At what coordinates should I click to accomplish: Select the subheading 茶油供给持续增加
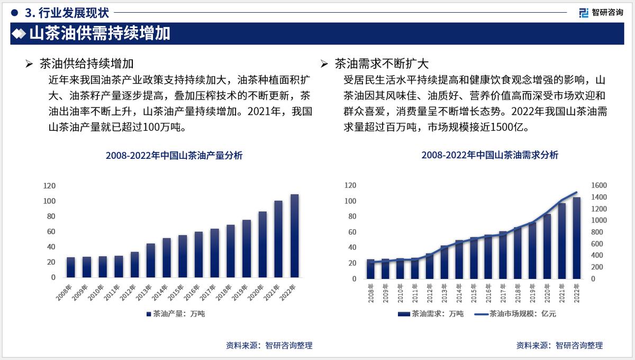[x=87, y=65]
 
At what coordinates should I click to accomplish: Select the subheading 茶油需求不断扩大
[x=382, y=65]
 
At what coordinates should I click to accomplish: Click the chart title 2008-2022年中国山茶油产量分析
[x=174, y=155]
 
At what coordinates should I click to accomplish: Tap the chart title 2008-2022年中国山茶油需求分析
[x=489, y=155]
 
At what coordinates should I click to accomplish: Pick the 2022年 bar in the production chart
[x=294, y=236]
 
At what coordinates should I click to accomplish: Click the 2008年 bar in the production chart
[x=71, y=267]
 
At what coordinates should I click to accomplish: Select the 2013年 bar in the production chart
[x=151, y=260]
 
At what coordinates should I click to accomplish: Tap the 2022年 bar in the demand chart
[x=576, y=238]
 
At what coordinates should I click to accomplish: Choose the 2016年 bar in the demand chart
[x=488, y=257]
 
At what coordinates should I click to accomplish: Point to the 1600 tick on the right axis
[x=600, y=186]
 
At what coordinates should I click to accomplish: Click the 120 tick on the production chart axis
[x=49, y=186]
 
